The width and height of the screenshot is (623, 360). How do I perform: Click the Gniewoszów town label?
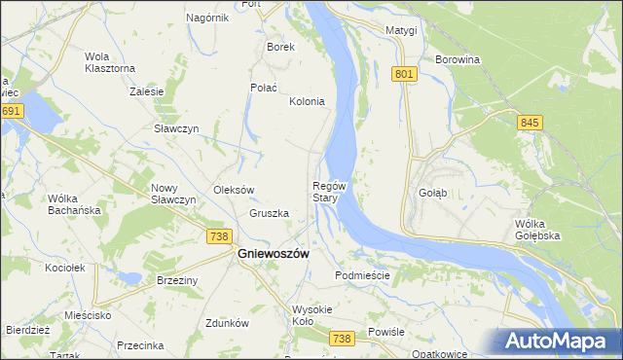[274, 253]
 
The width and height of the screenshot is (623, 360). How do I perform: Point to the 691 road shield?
[11, 111]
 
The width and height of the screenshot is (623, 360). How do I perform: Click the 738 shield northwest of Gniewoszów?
[219, 236]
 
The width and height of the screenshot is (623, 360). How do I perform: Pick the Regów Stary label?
[329, 191]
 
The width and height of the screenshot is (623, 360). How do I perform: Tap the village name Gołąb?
[432, 193]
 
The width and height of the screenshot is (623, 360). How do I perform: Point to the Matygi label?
[400, 30]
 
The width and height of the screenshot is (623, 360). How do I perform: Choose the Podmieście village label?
[362, 275]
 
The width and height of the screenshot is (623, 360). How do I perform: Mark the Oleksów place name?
[234, 190]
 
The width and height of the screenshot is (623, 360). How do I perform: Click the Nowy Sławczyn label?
[173, 194]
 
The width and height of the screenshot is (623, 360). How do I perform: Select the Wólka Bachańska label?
[75, 204]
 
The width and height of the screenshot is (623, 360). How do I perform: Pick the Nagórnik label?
[206, 18]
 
